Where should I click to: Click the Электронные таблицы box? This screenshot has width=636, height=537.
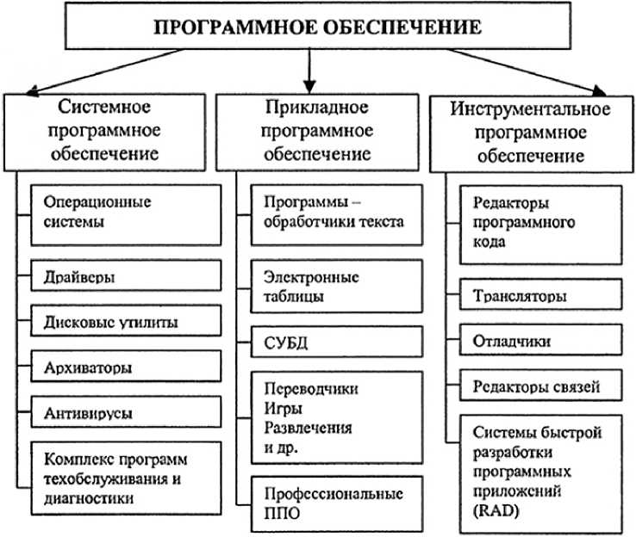tap(327, 287)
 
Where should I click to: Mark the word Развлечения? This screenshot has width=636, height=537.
tap(304, 427)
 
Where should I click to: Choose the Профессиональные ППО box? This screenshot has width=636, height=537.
tap(327, 505)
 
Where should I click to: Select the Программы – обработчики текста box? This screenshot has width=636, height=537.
tap(327, 213)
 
